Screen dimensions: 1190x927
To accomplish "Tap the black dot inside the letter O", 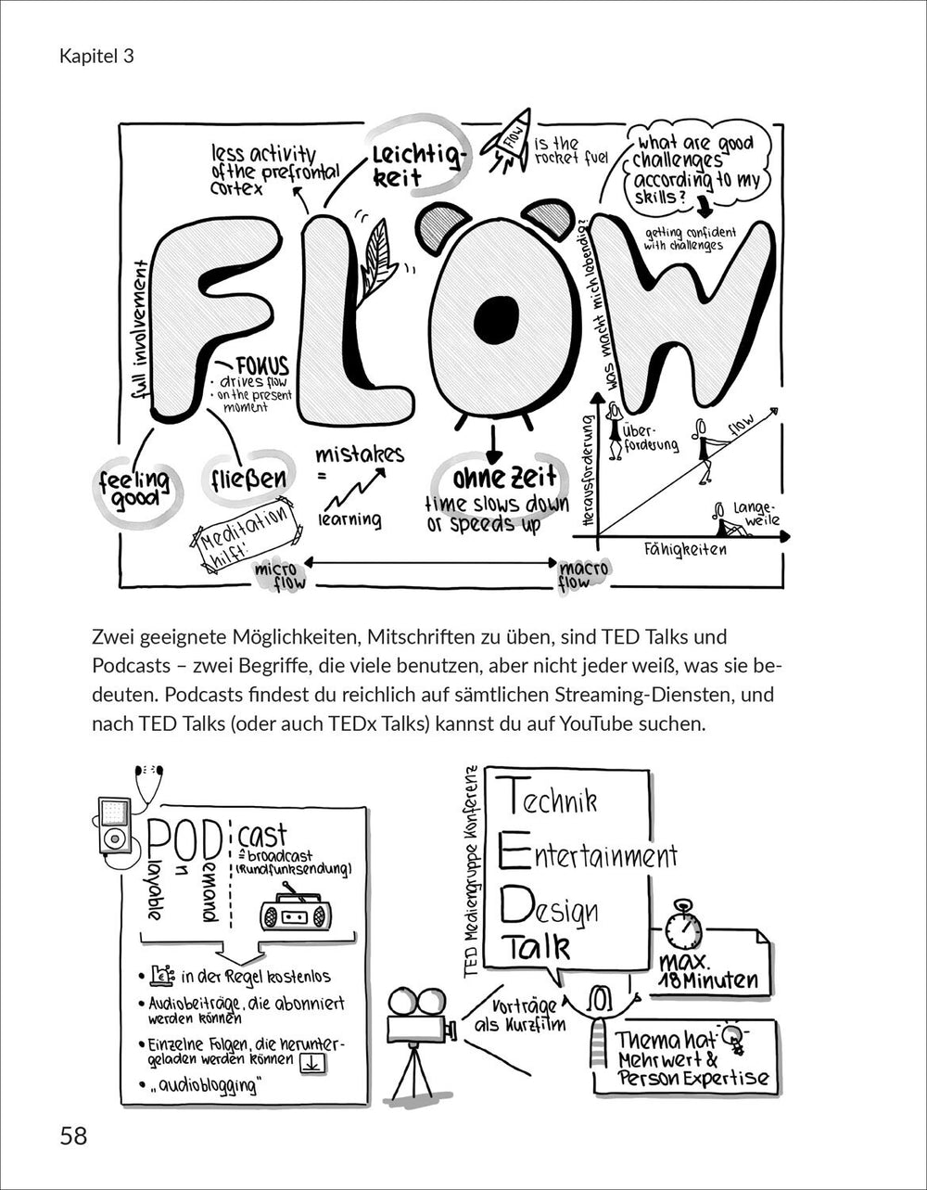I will coord(494,316).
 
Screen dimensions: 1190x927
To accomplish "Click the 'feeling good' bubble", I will coord(135,487).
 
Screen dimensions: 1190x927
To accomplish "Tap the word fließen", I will coord(248,480).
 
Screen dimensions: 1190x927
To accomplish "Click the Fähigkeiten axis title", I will coord(686,549).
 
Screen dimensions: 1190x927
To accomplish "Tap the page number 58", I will coord(74,1134).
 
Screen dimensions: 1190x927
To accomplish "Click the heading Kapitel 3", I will coord(96,56).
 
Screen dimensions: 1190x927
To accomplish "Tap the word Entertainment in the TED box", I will coord(590,853).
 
